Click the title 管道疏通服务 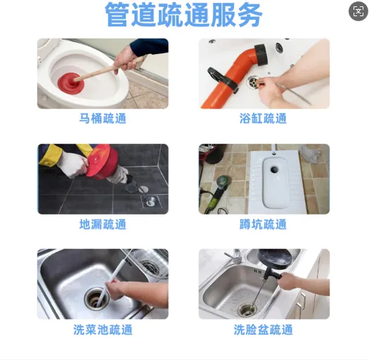(x=183, y=15)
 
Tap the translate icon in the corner (x=358, y=11)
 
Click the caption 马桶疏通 (x=103, y=118)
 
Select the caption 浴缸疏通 (x=263, y=118)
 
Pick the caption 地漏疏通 (x=103, y=224)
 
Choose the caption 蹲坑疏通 (x=263, y=224)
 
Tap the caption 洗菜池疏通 (x=103, y=330)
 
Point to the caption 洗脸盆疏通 (x=263, y=330)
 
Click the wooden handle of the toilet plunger (x=109, y=70)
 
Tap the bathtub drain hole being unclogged (x=253, y=82)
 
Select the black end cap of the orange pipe (x=261, y=55)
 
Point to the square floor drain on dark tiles (x=150, y=202)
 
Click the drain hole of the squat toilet (x=274, y=169)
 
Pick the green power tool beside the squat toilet (x=218, y=192)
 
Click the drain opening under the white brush (x=96, y=299)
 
